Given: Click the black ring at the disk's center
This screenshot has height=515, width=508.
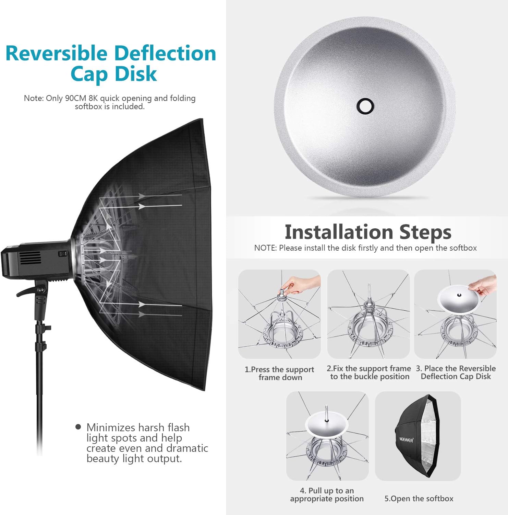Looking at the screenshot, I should click(x=365, y=105).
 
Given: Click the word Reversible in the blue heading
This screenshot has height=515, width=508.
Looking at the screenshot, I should click(x=57, y=54).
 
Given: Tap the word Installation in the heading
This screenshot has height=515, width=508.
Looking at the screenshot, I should click(x=339, y=232).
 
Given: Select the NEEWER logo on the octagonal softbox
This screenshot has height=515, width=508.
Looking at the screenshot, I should click(x=406, y=439).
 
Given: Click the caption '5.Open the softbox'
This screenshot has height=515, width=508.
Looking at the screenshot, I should click(x=419, y=499).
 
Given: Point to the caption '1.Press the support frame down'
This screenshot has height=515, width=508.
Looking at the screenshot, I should click(x=279, y=373).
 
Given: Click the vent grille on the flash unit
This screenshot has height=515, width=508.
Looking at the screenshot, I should click(x=31, y=257).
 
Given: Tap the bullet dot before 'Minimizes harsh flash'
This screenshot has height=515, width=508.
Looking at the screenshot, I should click(x=78, y=427).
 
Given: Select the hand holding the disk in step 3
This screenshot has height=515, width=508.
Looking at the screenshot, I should click(x=484, y=287).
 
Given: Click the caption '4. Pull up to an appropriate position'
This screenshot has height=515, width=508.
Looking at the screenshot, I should click(x=327, y=494).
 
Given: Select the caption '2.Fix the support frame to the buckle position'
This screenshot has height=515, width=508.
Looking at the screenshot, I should click(x=369, y=373).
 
